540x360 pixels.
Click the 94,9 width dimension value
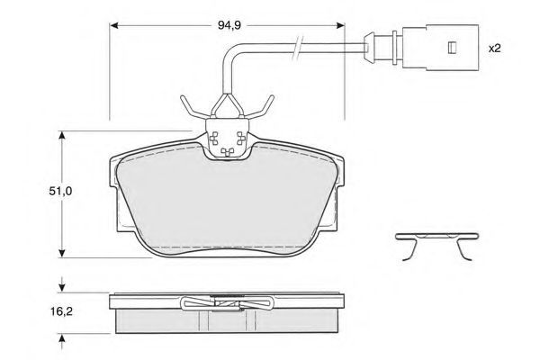pos(229,25)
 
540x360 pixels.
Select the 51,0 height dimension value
pos(60,191)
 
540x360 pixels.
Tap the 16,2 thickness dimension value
pos(61,311)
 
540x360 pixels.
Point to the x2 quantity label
pos(494,49)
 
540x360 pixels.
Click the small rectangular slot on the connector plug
pos(452,48)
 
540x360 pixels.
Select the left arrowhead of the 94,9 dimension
pos(114,25)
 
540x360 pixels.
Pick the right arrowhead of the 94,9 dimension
pos(340,25)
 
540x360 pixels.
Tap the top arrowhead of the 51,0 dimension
pos(62,135)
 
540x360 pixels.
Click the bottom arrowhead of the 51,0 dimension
pos(62,253)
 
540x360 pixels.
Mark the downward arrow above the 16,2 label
pos(62,283)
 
